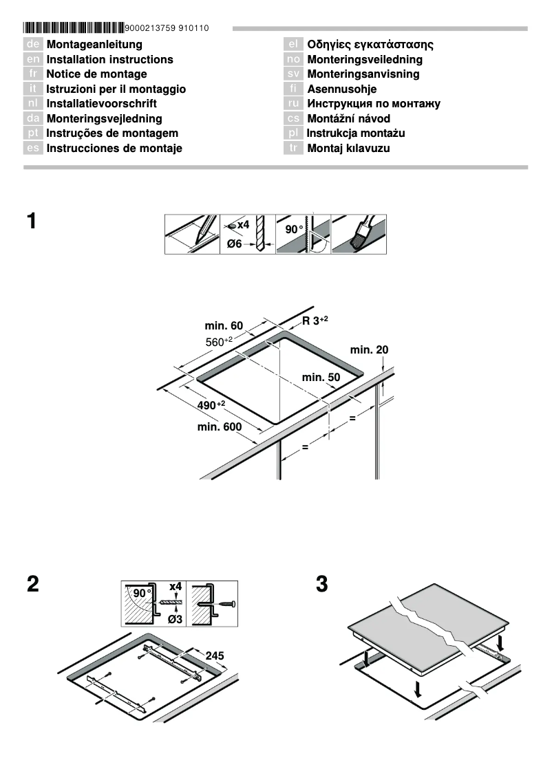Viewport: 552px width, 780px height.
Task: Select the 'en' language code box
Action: pos(33,60)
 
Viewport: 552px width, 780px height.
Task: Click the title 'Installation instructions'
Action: pos(109,60)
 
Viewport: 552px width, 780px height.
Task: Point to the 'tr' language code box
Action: pos(293,148)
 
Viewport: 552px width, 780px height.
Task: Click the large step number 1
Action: pos(31,221)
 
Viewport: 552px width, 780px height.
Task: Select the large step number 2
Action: pos(32,584)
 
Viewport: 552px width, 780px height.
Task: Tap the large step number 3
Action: pos(321,584)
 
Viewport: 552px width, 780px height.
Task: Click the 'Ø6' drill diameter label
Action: pos(234,244)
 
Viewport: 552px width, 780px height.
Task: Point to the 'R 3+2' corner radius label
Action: pos(315,321)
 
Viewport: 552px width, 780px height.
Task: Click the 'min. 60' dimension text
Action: pos(224,325)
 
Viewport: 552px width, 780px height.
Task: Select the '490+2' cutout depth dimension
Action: pos(211,405)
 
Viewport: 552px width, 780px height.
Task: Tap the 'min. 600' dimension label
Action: pos(220,427)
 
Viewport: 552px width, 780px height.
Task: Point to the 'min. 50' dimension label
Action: pos(321,377)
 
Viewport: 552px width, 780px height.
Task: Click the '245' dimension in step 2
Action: pos(215,656)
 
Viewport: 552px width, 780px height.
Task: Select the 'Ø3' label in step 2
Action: pos(176,619)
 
